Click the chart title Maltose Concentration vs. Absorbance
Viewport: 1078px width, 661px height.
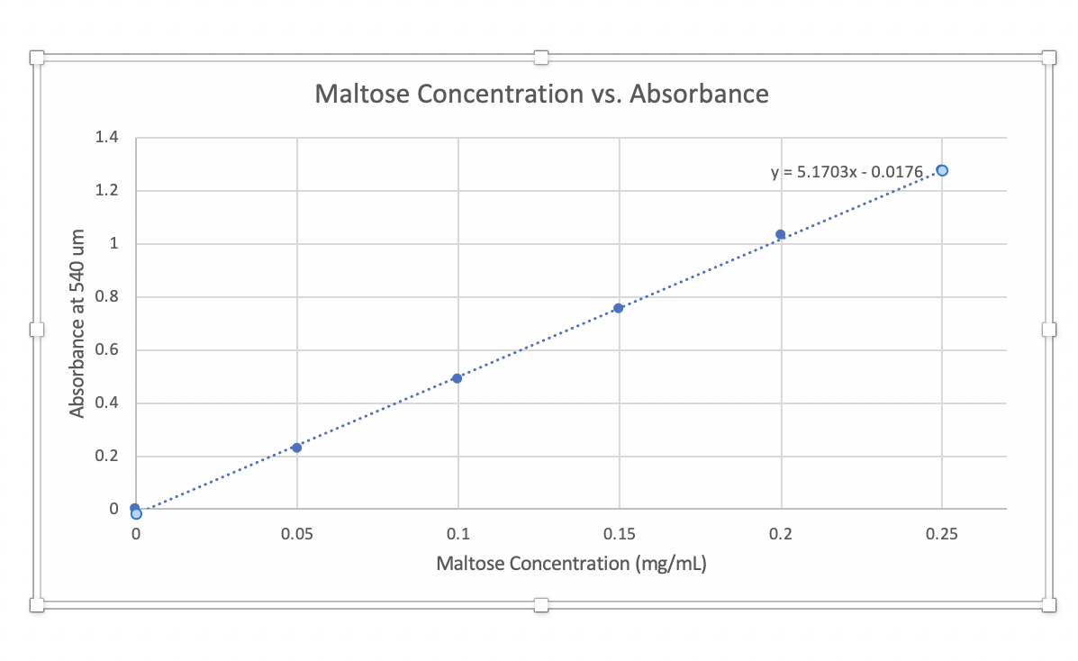[541, 94]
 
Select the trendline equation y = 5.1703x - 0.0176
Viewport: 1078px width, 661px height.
[847, 171]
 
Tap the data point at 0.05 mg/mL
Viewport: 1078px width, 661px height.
[296, 448]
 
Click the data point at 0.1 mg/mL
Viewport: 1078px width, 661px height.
[457, 378]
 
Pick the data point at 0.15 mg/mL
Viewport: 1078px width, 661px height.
[619, 308]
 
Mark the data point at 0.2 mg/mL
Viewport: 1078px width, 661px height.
[781, 234]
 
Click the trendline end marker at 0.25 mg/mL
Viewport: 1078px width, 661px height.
[942, 170]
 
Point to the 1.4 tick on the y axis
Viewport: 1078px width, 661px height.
[107, 138]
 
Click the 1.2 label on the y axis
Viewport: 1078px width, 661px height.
[107, 191]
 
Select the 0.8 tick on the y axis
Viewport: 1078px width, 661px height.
[107, 297]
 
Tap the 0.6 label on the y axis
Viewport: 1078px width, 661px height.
[107, 350]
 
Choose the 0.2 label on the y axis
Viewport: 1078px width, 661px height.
[107, 457]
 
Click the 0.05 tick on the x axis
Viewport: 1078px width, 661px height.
[296, 534]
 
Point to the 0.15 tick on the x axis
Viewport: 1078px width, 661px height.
[619, 534]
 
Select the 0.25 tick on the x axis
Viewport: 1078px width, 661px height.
[942, 534]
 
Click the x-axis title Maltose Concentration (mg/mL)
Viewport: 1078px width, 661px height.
[571, 565]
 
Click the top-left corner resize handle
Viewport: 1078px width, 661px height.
[37, 58]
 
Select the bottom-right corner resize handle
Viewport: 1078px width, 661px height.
[1048, 604]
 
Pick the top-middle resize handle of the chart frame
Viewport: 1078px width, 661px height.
[541, 58]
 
